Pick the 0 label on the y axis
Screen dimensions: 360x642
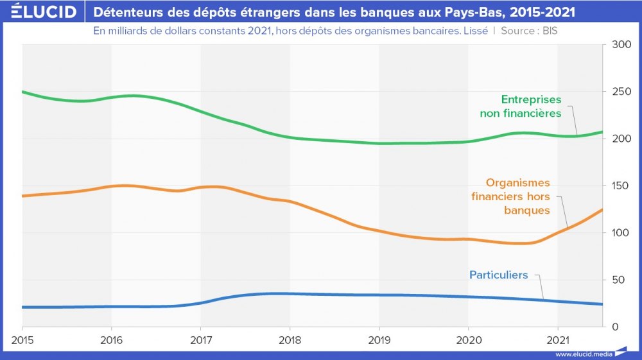click(615, 327)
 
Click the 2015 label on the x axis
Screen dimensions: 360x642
click(22, 339)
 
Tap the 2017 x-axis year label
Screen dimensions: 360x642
click(201, 339)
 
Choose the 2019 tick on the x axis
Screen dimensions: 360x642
click(379, 339)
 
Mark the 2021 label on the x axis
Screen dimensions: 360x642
click(558, 339)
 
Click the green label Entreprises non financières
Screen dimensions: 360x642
click(521, 107)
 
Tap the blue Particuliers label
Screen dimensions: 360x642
click(498, 275)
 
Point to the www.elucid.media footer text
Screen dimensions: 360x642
click(584, 354)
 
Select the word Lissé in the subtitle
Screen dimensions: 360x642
click(474, 31)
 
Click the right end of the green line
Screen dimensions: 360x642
click(602, 132)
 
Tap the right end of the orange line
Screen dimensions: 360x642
click(602, 210)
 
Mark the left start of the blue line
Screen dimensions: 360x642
click(23, 307)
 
